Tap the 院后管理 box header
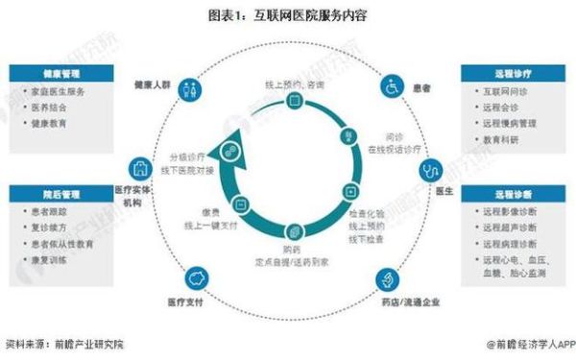pyautogui.click(x=58, y=195)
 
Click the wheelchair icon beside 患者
pyautogui.click(x=392, y=86)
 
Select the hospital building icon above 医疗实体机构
pyautogui.click(x=141, y=169)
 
